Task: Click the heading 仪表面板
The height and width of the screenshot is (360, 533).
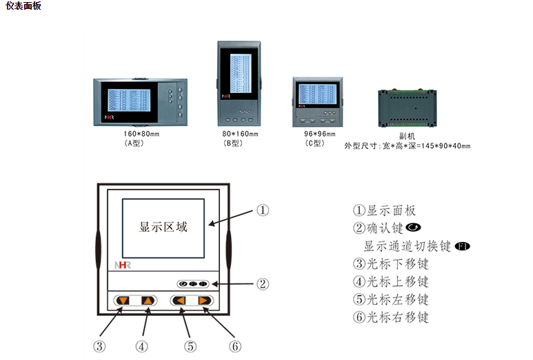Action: tap(23, 6)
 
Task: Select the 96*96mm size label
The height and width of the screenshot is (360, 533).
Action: tap(318, 134)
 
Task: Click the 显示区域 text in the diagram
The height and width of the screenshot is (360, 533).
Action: tap(163, 226)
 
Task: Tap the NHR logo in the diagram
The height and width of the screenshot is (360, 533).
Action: tap(122, 264)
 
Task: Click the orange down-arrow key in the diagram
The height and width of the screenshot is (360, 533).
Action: tap(123, 301)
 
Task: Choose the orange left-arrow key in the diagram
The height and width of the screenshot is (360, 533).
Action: tap(179, 301)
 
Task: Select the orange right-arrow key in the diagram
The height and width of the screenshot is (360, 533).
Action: tap(204, 301)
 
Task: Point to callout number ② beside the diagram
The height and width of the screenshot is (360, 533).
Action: tap(263, 283)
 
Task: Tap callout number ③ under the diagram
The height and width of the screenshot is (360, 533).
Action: tap(99, 346)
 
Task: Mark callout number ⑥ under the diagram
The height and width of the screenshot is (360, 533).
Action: tap(235, 346)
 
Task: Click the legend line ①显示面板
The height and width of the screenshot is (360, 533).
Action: tap(384, 210)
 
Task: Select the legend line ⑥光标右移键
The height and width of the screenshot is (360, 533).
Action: tap(390, 317)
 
